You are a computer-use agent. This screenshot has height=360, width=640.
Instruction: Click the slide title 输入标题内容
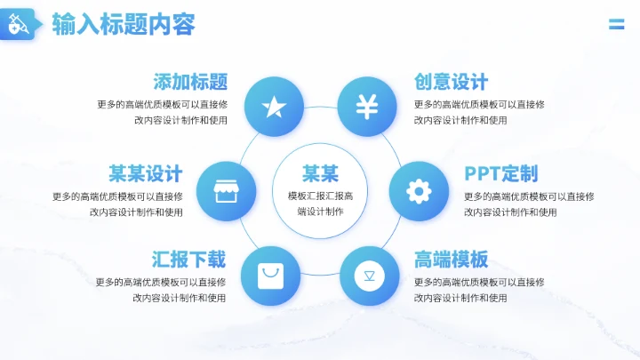click(124, 24)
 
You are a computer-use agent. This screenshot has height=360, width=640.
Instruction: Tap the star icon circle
click(274, 107)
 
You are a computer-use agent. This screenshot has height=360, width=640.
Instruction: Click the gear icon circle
click(419, 191)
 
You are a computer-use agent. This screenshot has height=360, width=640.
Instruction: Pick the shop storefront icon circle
click(226, 191)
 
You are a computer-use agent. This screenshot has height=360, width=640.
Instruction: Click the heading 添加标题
click(190, 82)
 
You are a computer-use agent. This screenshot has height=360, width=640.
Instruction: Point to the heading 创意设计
click(451, 82)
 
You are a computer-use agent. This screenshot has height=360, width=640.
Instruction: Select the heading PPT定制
click(500, 173)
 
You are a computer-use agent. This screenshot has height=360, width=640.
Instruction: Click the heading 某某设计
click(146, 173)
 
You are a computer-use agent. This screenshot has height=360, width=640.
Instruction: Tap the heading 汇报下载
click(188, 260)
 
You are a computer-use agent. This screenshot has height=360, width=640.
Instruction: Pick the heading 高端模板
click(451, 260)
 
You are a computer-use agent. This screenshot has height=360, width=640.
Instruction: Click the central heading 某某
click(320, 172)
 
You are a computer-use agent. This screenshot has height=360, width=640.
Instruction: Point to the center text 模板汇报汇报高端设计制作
click(320, 204)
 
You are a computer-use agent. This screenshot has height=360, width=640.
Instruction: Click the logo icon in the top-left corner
click(19, 26)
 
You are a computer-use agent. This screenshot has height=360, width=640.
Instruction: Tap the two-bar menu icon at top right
click(616, 24)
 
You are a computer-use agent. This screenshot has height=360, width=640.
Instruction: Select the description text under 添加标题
click(163, 112)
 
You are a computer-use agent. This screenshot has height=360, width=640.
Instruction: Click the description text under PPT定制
click(528, 204)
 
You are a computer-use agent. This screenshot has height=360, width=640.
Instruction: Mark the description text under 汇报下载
click(162, 290)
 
